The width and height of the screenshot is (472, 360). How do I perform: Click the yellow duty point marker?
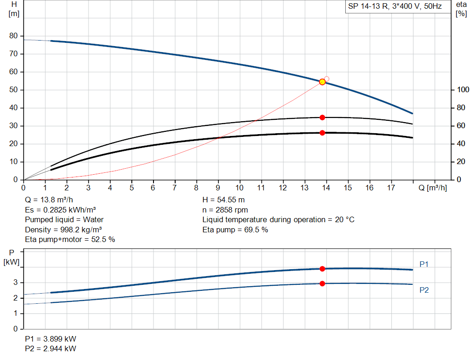(x=322, y=82)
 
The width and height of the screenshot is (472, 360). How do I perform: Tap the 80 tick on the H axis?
(x=13, y=36)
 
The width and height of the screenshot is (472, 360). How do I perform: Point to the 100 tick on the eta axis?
(x=460, y=89)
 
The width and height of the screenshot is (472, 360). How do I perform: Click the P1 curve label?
(x=424, y=264)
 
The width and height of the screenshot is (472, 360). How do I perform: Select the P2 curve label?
(x=424, y=290)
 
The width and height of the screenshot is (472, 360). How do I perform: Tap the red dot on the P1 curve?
(x=322, y=269)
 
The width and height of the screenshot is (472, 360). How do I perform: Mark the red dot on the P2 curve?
(x=322, y=283)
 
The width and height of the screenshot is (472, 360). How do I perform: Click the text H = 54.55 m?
(x=224, y=200)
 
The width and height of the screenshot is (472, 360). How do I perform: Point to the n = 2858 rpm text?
(x=225, y=210)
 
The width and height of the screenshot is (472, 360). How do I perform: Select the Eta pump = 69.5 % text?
(x=235, y=230)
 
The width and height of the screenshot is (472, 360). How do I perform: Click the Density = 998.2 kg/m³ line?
(x=63, y=230)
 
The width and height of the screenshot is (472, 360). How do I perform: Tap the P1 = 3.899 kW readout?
(x=51, y=339)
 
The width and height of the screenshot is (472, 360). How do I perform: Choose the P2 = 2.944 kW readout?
(x=51, y=348)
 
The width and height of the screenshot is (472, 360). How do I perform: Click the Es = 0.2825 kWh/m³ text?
(x=60, y=210)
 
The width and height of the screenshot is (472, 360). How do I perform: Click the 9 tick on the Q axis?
(x=218, y=188)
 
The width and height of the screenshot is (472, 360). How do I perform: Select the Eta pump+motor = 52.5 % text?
(x=70, y=239)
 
